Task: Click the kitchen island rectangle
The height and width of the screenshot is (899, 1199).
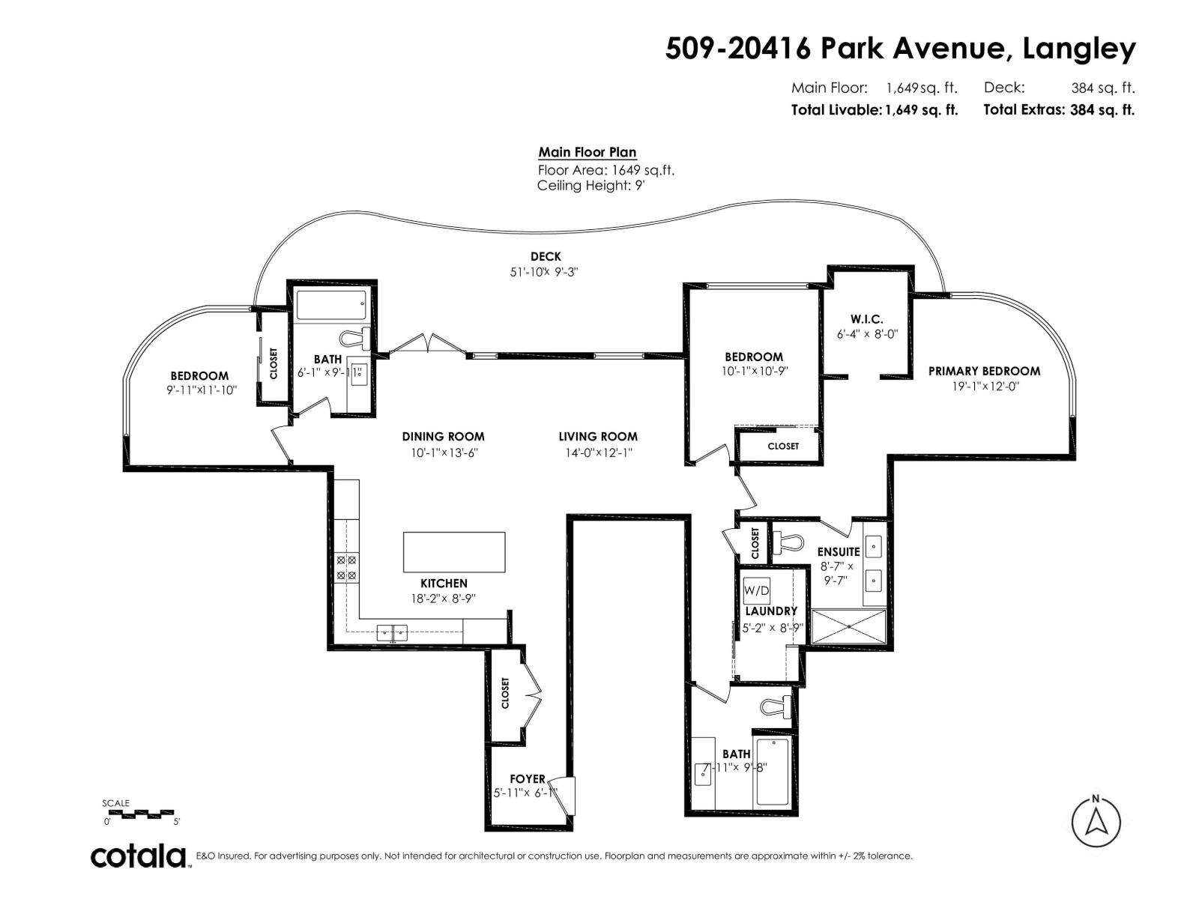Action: tap(454, 552)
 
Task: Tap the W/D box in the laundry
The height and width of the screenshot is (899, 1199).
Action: tap(756, 590)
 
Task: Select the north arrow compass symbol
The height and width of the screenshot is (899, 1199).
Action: tap(1096, 822)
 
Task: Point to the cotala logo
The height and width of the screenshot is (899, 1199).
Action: tap(139, 856)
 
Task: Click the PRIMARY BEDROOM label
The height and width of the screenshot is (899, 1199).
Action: tap(984, 371)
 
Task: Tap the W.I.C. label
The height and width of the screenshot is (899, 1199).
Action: tap(866, 319)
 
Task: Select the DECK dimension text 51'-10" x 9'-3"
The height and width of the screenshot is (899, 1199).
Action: tap(545, 273)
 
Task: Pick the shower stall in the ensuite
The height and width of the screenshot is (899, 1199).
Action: tap(848, 627)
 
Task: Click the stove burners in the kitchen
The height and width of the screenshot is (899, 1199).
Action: tap(347, 567)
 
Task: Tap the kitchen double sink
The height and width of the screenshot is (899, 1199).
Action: tap(392, 632)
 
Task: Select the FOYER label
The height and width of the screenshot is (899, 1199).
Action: tap(528, 778)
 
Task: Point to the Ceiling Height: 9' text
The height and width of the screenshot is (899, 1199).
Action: tap(591, 186)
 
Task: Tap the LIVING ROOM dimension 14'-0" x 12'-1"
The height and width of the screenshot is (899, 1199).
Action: tap(599, 452)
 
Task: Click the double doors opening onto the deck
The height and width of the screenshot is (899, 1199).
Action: tap(427, 345)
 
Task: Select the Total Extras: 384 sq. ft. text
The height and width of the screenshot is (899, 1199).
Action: tap(1059, 109)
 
